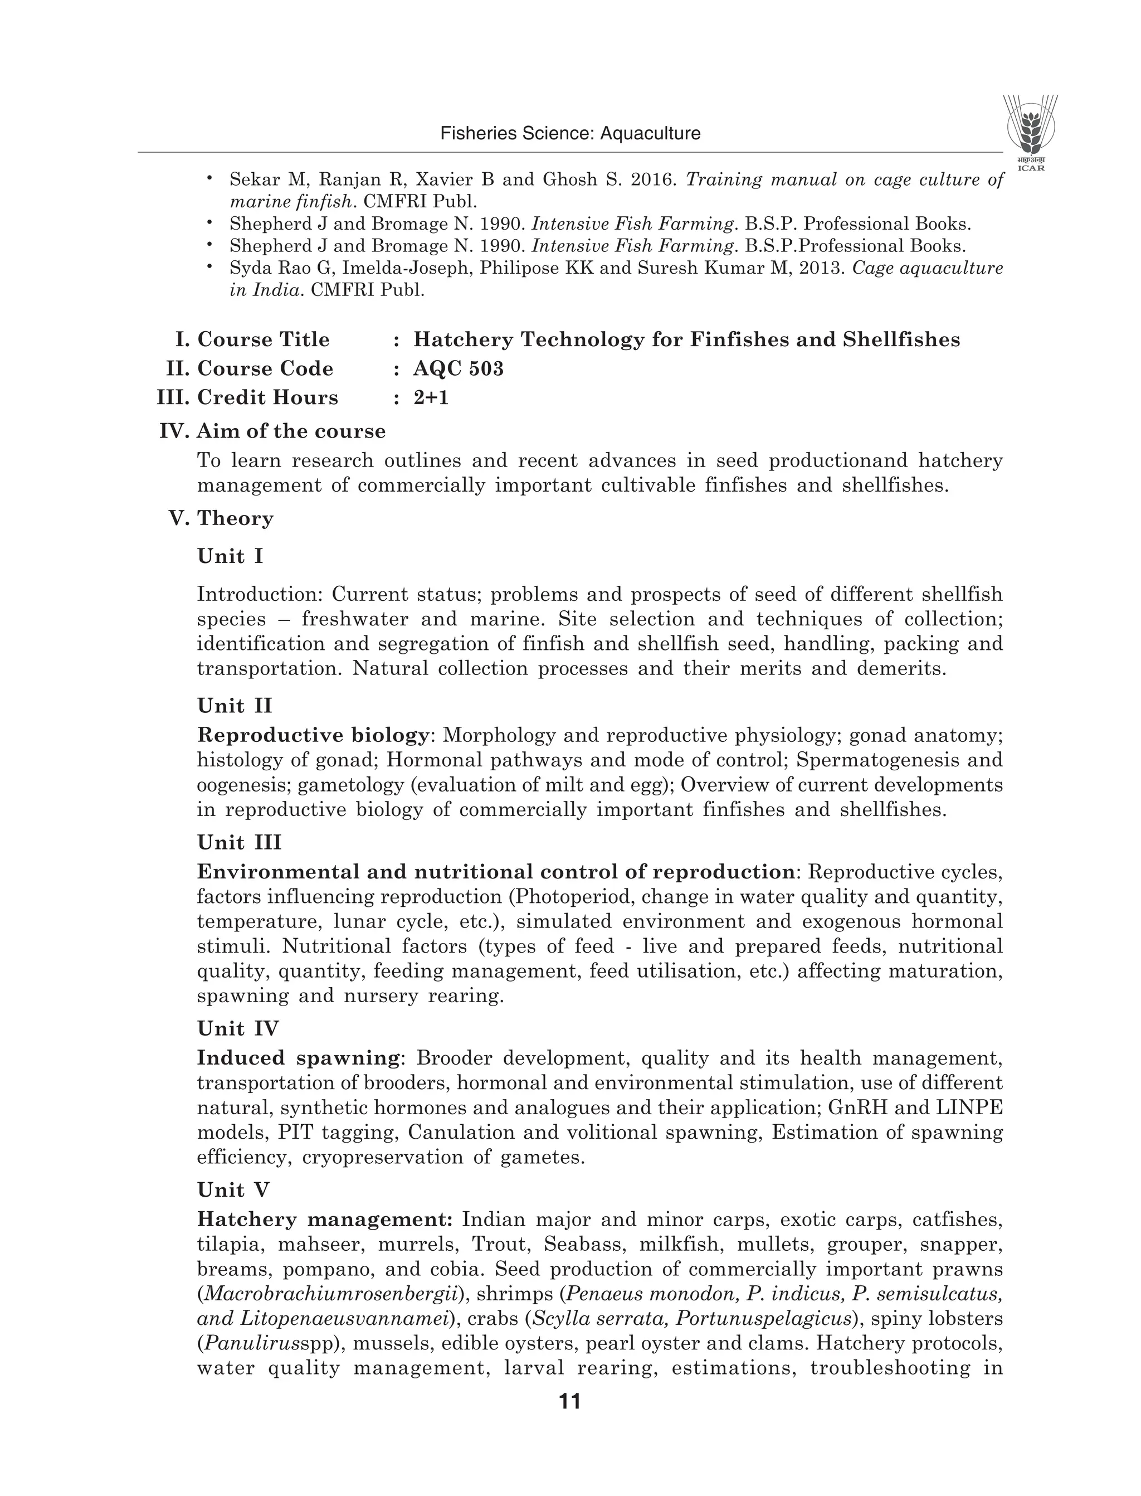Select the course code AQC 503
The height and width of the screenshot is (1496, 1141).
(x=459, y=368)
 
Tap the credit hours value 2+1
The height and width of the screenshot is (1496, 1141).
(x=431, y=397)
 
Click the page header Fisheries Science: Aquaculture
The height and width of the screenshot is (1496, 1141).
(x=570, y=133)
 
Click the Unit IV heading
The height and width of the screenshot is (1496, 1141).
(x=238, y=1028)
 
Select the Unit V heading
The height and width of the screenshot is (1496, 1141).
(x=233, y=1189)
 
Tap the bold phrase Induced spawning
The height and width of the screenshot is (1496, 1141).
(x=298, y=1058)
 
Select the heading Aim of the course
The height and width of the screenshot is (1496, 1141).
(x=291, y=431)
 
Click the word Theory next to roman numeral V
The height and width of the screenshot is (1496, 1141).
(x=235, y=518)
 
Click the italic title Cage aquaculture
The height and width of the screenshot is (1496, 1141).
(x=927, y=268)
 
